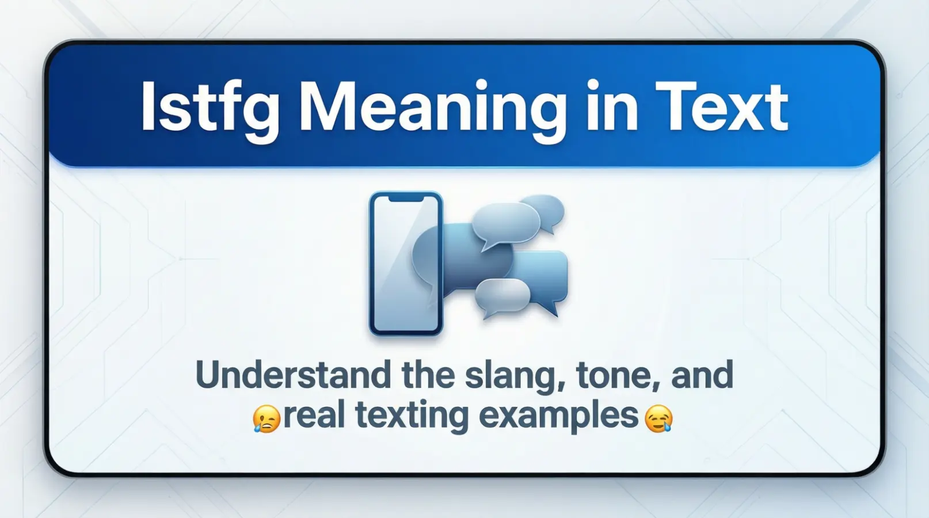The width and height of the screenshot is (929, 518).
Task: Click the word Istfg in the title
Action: pos(210,108)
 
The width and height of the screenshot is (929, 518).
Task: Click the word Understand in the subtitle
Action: pos(294,375)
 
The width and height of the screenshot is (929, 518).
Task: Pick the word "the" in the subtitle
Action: pos(428,375)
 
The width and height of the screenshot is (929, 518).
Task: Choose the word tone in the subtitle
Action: pos(609,375)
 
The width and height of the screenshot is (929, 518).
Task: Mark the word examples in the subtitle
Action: pos(558,416)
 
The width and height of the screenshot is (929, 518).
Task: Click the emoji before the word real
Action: pos(266,418)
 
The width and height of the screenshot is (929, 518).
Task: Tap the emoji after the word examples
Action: pos(658,418)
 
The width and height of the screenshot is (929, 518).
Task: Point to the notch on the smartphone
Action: pos(406,199)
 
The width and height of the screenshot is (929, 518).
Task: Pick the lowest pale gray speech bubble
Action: pos(502,295)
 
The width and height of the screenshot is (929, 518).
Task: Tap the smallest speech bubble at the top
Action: pos(545,210)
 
